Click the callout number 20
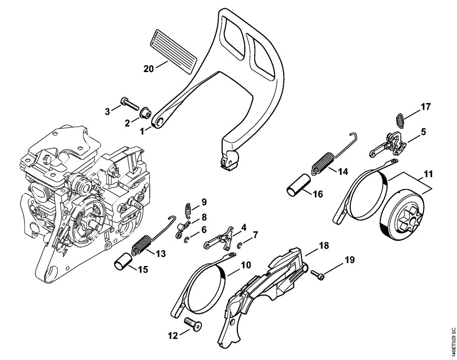(148, 69)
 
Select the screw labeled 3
(128, 104)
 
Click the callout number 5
(423, 132)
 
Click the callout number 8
(204, 216)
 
